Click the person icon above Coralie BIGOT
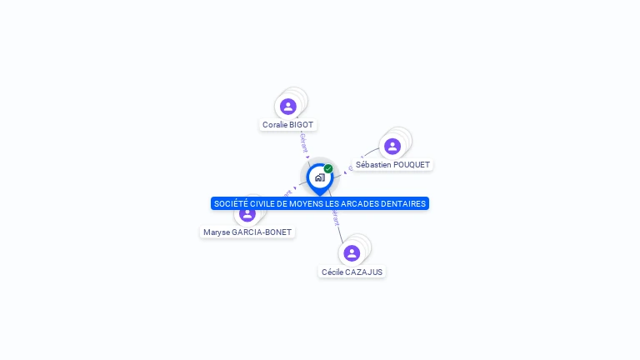(288, 106)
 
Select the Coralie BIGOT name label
(288, 125)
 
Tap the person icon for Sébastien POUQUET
(392, 146)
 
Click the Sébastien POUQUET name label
(392, 165)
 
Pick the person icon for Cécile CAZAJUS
(352, 252)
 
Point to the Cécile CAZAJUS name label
(352, 272)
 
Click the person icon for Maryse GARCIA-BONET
(247, 213)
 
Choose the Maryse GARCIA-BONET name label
(247, 232)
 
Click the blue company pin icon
(319, 177)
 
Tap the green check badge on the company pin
(328, 168)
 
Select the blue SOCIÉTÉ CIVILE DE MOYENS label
(320, 203)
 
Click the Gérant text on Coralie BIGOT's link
(303, 142)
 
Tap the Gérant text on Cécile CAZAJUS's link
(336, 217)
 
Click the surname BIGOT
(302, 125)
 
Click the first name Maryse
(216, 232)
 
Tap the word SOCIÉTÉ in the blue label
(230, 203)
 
